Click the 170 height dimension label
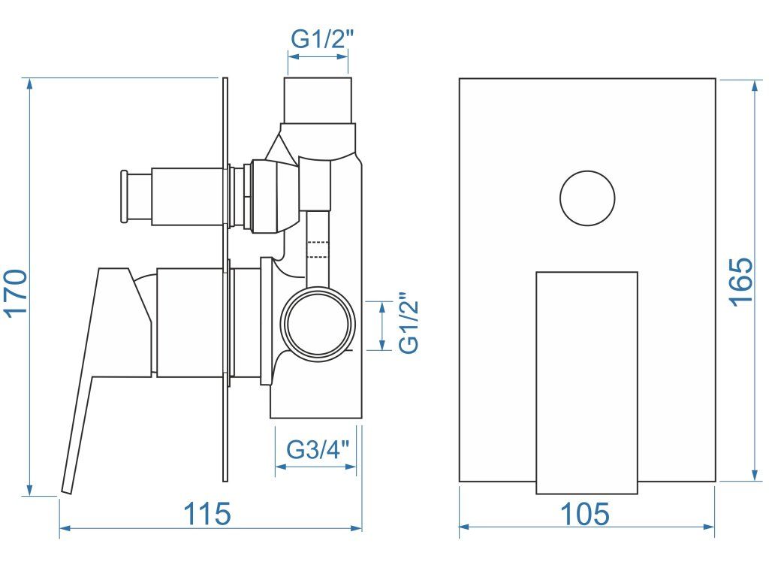(17, 293)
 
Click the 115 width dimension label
(207, 513)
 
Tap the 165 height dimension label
(740, 282)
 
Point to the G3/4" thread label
(318, 449)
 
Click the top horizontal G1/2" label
(322, 40)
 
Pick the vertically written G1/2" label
(409, 323)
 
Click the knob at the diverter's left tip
(124, 196)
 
